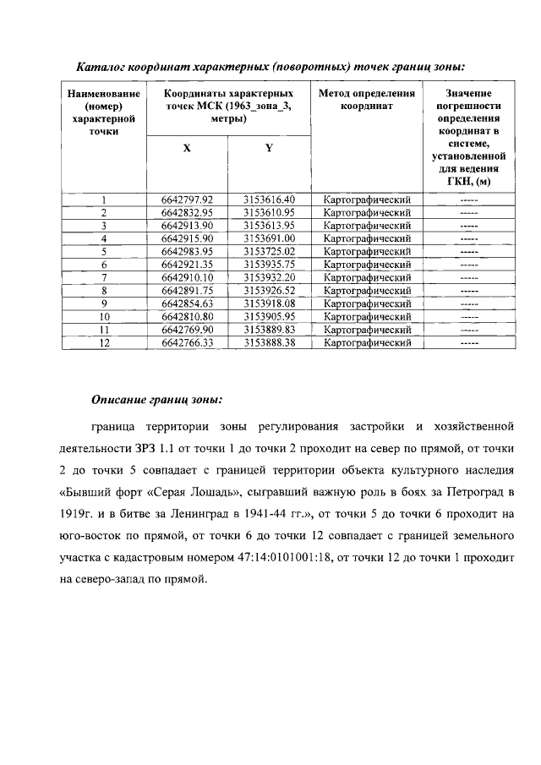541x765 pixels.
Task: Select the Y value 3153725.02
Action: [x=270, y=251]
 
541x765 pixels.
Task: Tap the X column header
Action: [x=187, y=147]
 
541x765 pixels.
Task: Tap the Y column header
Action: [x=269, y=147]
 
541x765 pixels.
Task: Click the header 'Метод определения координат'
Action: [x=366, y=100]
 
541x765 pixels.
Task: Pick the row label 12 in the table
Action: [x=104, y=342]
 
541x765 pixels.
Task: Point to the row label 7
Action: [x=104, y=277]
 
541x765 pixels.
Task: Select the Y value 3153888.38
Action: [x=270, y=342]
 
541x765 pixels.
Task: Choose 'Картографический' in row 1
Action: [x=367, y=199]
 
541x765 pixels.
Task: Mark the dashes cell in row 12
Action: [x=467, y=342]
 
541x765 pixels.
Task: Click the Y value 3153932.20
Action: [x=270, y=277]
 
